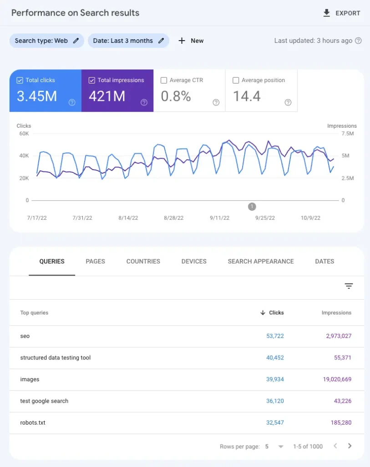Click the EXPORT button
341,13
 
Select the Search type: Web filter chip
46,41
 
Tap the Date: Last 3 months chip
128,41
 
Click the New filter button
191,41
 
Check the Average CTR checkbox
164,80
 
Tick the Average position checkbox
236,80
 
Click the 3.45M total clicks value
37,96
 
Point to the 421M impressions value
107,96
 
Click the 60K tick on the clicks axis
24,134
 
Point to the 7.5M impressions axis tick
347,134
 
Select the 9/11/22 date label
219,218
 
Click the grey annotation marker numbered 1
252,207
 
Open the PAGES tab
95,261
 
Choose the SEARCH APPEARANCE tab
261,261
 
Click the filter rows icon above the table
349,286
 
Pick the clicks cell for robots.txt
275,423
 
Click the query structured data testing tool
56,358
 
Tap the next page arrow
350,446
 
